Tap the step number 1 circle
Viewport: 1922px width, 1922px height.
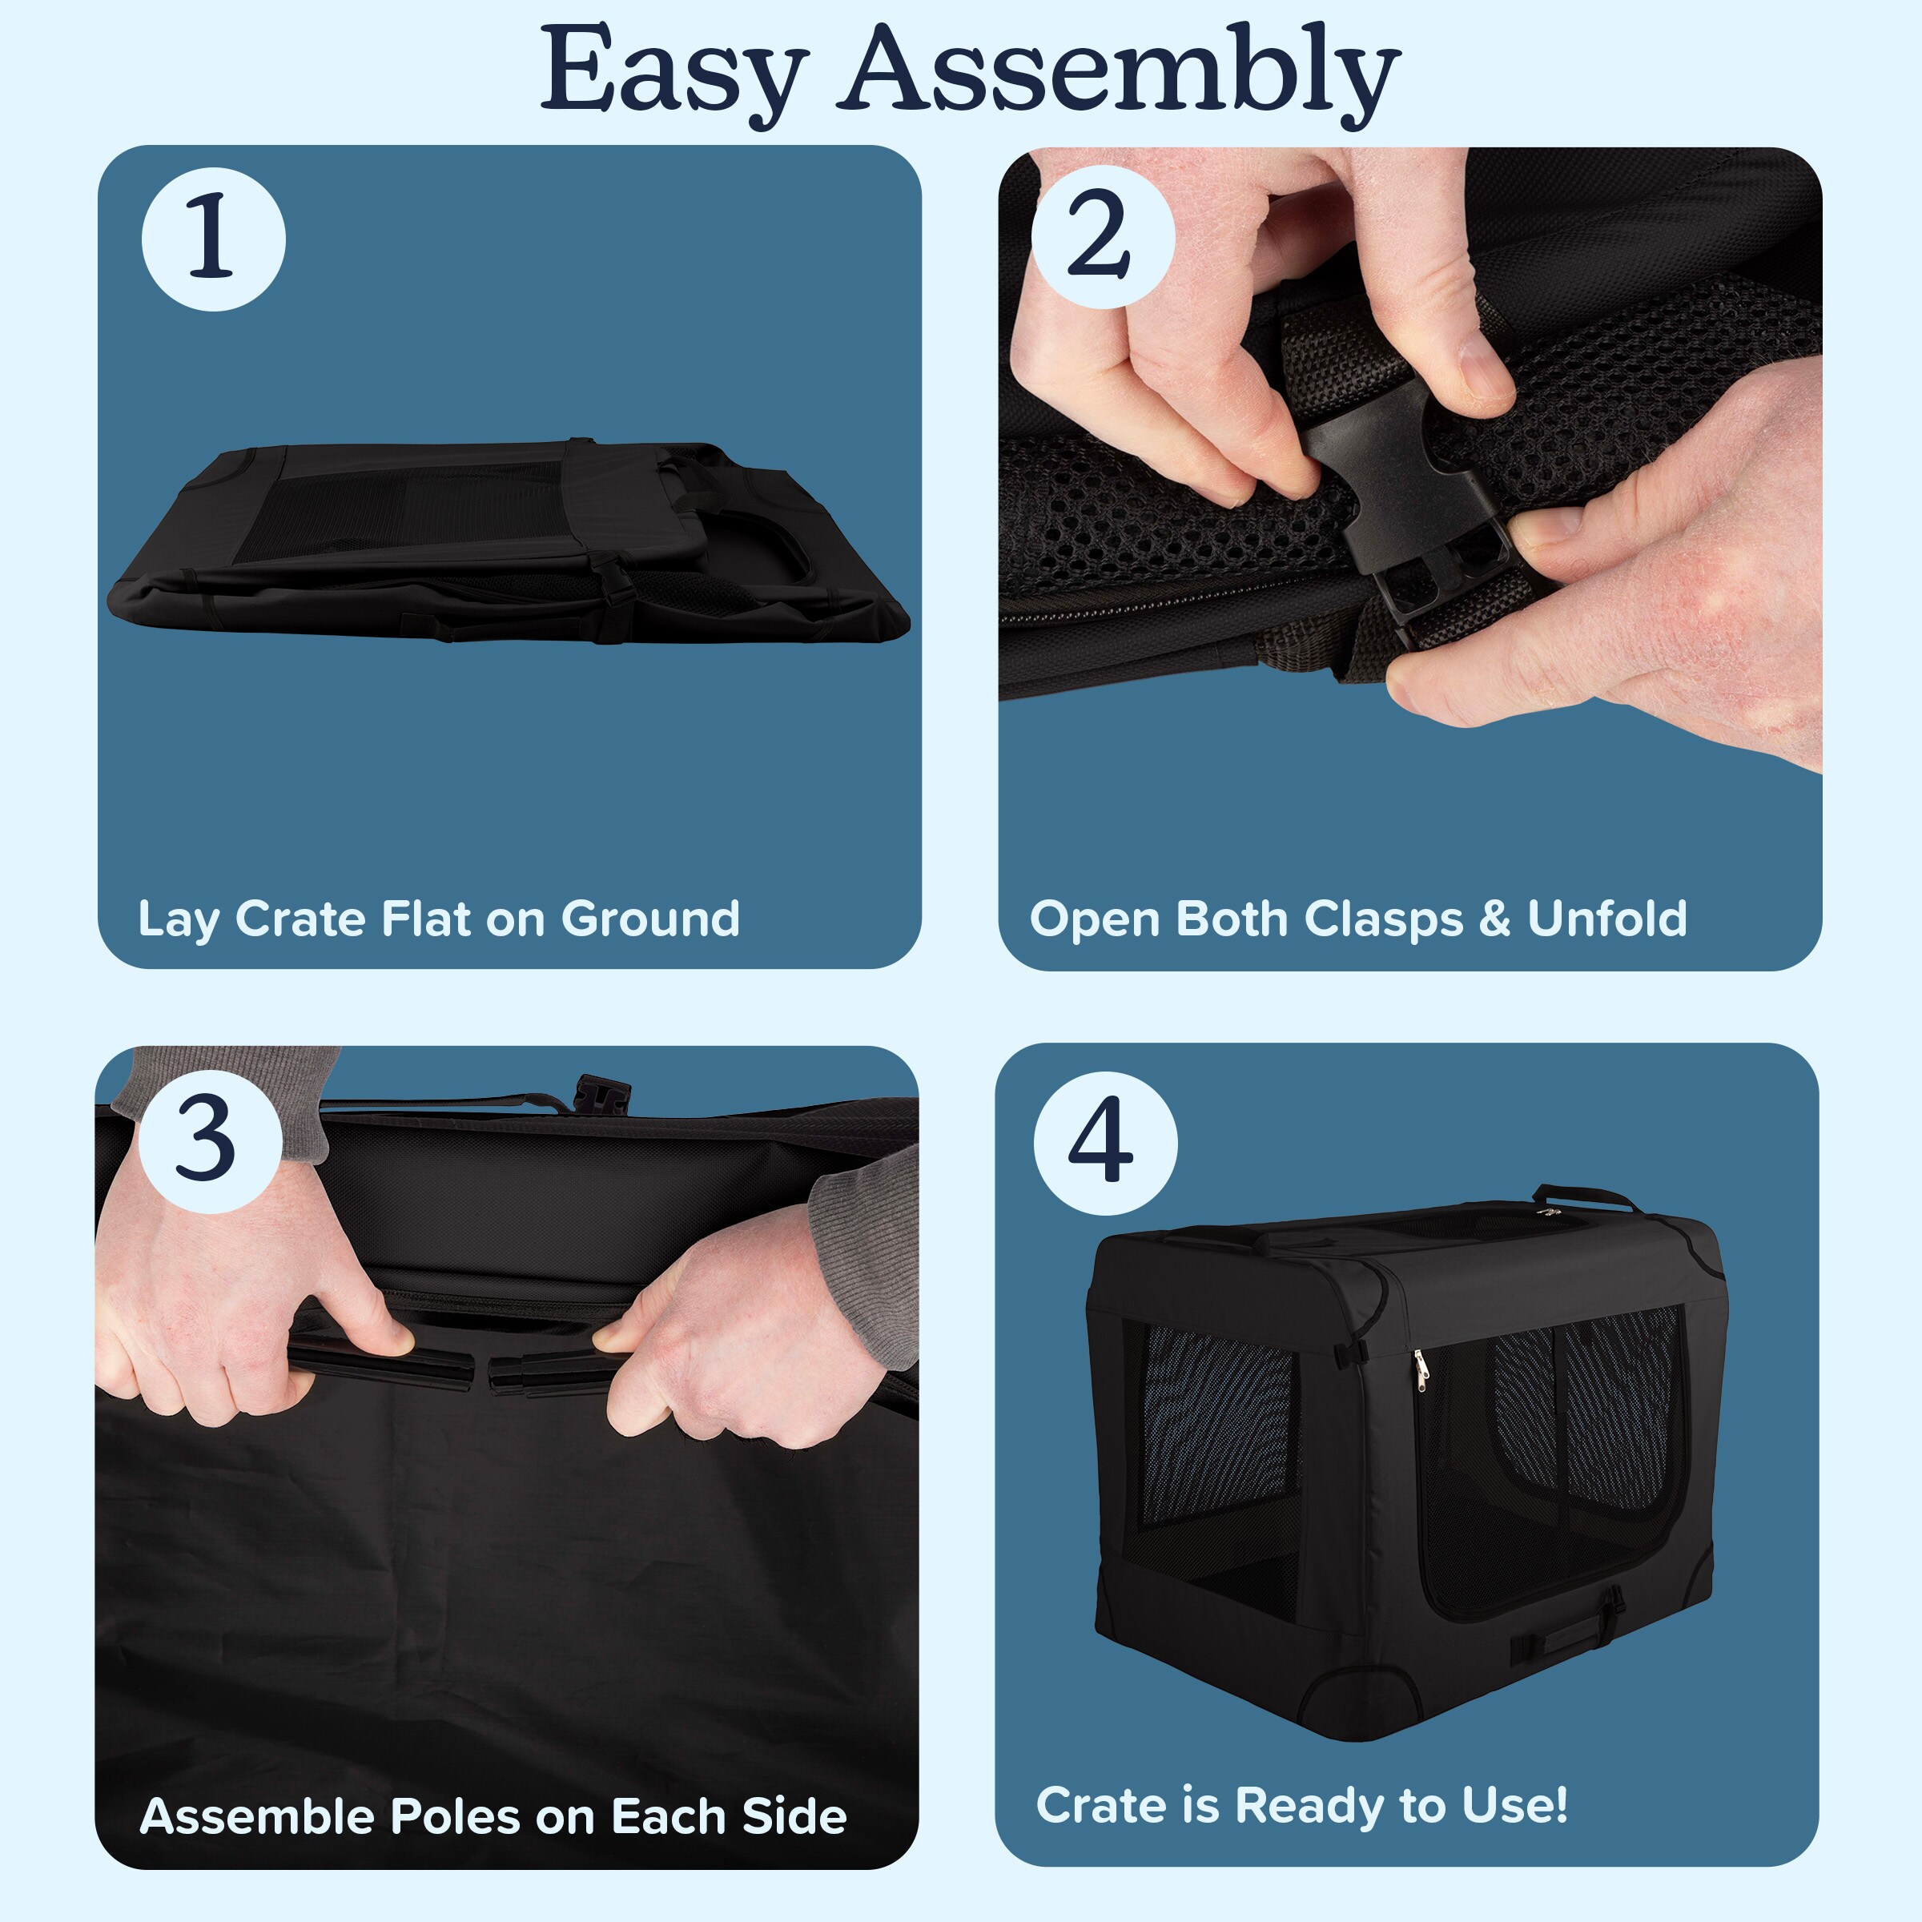pyautogui.click(x=213, y=239)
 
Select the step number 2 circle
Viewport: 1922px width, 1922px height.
pyautogui.click(x=1102, y=237)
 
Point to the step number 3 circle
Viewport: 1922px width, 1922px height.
pyautogui.click(x=210, y=1140)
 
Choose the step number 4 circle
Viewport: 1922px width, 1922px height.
pyautogui.click(x=1105, y=1142)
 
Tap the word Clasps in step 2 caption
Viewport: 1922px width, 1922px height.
pyautogui.click(x=1383, y=919)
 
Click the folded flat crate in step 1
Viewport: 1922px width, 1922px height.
pyautogui.click(x=508, y=541)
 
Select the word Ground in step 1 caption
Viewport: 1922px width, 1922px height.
pyautogui.click(x=650, y=919)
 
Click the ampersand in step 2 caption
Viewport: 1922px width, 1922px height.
pyautogui.click(x=1494, y=919)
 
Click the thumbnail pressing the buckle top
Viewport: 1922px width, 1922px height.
pyautogui.click(x=1482, y=370)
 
